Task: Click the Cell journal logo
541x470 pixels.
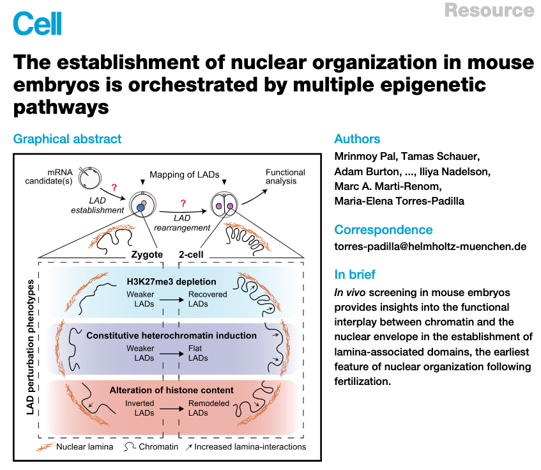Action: [x=38, y=24]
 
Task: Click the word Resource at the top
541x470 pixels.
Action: [x=489, y=10]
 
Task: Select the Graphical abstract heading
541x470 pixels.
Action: [x=67, y=139]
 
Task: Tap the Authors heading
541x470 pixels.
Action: [x=357, y=139]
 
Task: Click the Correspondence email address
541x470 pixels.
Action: [x=430, y=246]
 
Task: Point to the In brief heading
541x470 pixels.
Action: [x=355, y=274]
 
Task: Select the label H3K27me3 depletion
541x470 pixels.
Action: [x=171, y=281]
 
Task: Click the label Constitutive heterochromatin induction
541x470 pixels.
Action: [x=171, y=336]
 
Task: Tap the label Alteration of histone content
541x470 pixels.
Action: [x=171, y=390]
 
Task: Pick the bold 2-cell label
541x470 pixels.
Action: [x=192, y=254]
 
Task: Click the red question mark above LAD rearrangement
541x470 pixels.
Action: [x=183, y=204]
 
